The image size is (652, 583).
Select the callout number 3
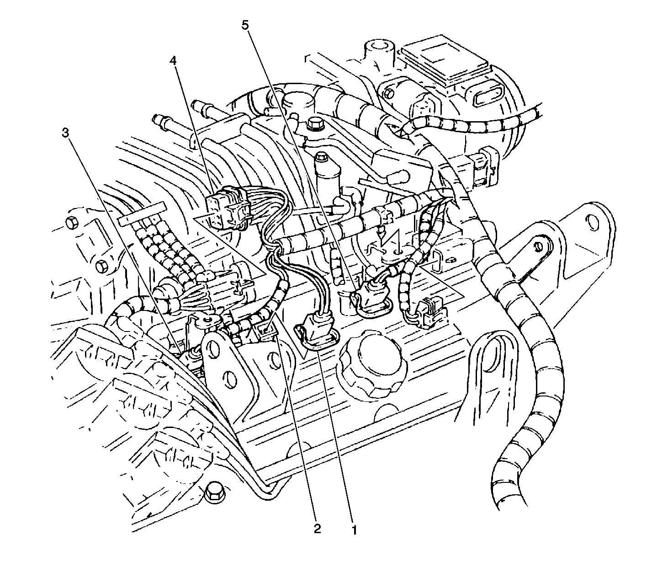click(x=66, y=133)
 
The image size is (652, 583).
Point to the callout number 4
click(x=173, y=61)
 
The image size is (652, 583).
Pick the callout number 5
click(x=245, y=26)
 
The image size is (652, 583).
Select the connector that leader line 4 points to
click(x=228, y=209)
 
